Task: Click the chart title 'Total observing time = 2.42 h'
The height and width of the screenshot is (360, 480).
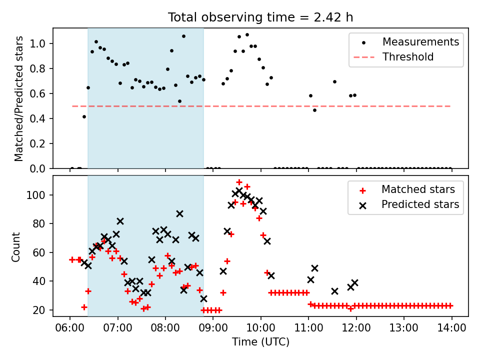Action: point(260,17)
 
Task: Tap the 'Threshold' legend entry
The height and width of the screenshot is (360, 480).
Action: point(393,57)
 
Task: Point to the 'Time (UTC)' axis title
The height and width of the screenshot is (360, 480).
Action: point(260,341)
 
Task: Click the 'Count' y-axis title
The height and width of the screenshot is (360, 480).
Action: point(15,247)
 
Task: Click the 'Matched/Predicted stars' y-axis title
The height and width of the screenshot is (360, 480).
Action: point(18,98)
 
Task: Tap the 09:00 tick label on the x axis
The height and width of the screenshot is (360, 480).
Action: point(213,328)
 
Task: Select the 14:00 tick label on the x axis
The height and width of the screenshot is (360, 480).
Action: point(452,328)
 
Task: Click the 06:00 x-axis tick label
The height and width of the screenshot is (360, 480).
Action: point(70,328)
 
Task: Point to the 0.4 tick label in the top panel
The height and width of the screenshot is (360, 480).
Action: point(37,119)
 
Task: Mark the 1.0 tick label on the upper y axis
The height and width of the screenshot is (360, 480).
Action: point(37,44)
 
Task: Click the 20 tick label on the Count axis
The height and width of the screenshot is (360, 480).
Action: point(39,310)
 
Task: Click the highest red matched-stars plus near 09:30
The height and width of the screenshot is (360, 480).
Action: point(239,182)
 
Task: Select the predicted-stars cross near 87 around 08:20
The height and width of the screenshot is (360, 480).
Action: point(179,214)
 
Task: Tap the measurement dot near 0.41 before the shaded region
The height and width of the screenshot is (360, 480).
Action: point(84,117)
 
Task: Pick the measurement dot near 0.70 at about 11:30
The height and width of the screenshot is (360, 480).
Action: point(334,81)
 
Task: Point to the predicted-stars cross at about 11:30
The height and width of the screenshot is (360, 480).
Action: point(334,291)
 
